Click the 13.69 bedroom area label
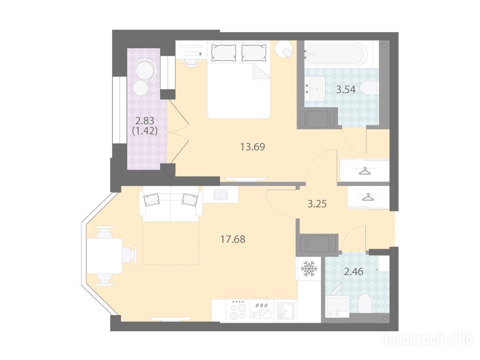(x=253, y=147)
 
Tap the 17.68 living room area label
(x=232, y=239)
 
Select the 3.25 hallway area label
(x=317, y=204)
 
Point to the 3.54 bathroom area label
(x=346, y=90)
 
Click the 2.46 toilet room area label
(x=353, y=271)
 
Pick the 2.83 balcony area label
(x=145, y=120)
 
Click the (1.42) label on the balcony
(x=145, y=131)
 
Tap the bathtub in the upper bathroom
(x=336, y=54)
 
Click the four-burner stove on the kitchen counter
(x=238, y=310)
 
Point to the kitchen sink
(x=285, y=311)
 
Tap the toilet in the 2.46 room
(x=365, y=303)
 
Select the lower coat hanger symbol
(x=368, y=197)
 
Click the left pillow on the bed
(x=224, y=52)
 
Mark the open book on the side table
(x=220, y=195)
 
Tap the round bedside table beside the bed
(x=284, y=49)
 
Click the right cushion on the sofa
(x=190, y=199)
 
